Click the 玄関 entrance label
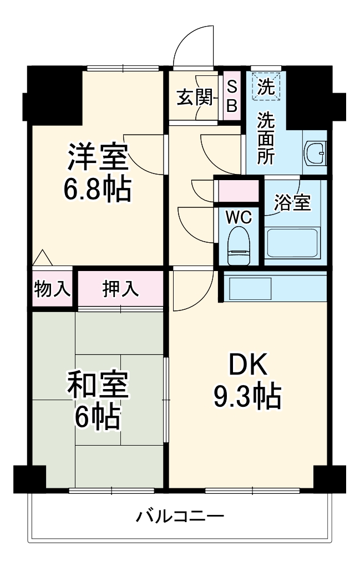coord(195,98)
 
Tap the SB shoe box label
coord(232,96)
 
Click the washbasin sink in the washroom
coord(316,152)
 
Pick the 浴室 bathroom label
coord(292,203)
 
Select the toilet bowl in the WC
coord(240,247)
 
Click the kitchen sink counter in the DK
coord(251,288)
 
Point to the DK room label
coord(249,366)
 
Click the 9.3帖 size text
coord(247,396)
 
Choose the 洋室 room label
coord(98,159)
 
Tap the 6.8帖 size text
coord(98,190)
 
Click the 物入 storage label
coord(53,289)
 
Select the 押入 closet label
coord(120,289)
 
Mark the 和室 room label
coord(98,385)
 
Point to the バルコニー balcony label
coord(180,518)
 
